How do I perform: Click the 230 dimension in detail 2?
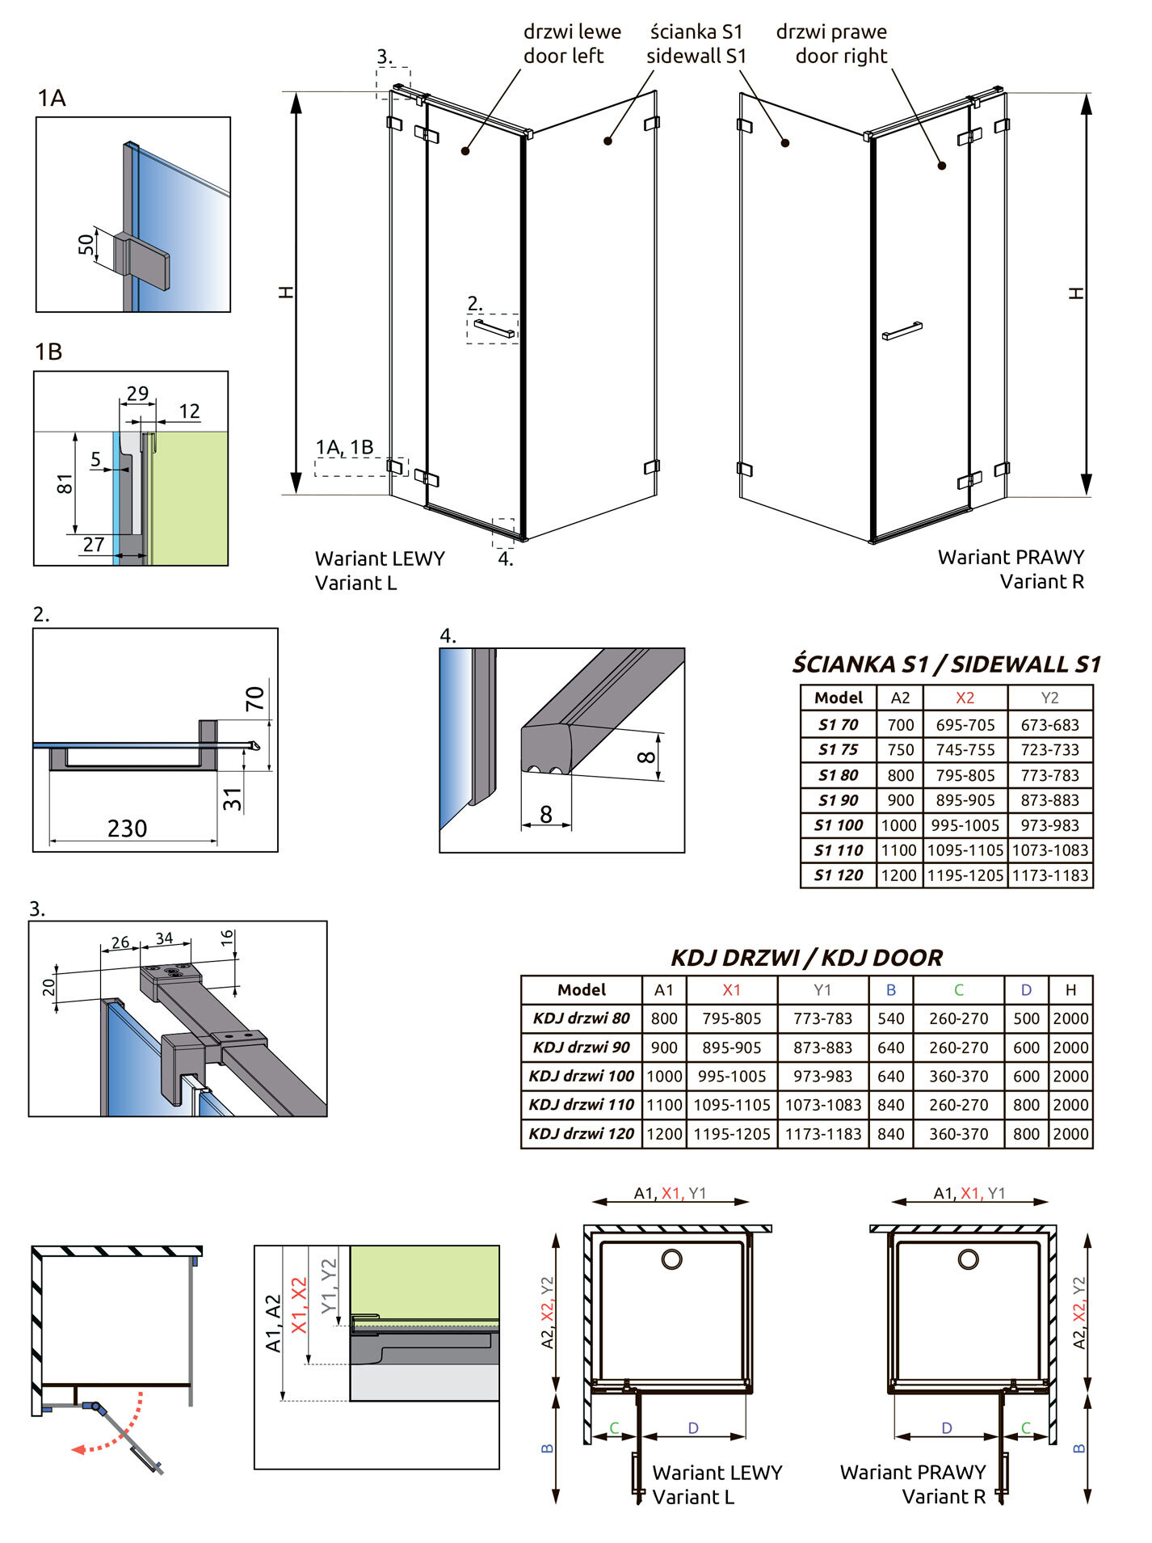[x=127, y=828]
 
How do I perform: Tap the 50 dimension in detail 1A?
[x=86, y=244]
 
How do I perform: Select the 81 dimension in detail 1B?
[x=65, y=484]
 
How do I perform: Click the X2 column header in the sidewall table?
[x=965, y=698]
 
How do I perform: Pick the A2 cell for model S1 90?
[x=900, y=800]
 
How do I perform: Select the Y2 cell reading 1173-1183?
[x=1049, y=875]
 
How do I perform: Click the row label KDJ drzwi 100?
[x=582, y=1076]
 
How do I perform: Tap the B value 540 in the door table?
[x=890, y=1018]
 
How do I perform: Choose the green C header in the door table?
[x=958, y=989]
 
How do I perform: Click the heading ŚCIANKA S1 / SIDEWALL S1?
[x=946, y=664]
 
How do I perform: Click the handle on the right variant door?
[x=902, y=331]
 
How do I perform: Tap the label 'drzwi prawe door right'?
[x=832, y=44]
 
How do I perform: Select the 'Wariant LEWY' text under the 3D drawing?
[x=380, y=559]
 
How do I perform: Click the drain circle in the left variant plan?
[x=671, y=1258]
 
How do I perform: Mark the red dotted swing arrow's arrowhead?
[x=78, y=1449]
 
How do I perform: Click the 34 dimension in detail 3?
[x=164, y=938]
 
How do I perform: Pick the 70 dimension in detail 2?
[x=254, y=698]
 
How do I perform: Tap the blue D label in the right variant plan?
[x=946, y=1428]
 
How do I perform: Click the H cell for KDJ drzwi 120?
[x=1070, y=1134]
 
